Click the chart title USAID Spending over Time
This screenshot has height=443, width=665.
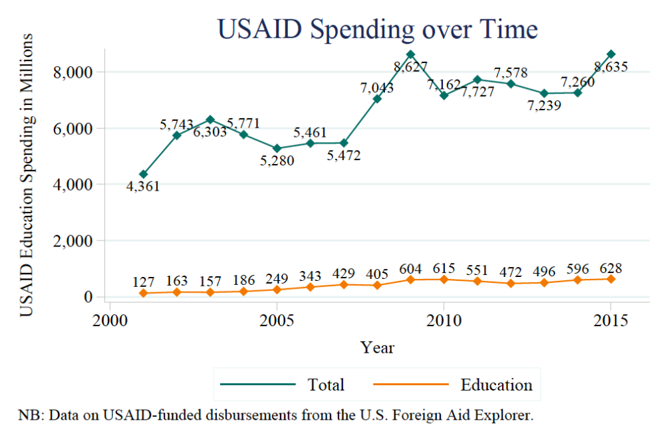pyautogui.click(x=377, y=31)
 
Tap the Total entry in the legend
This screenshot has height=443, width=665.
pyautogui.click(x=326, y=385)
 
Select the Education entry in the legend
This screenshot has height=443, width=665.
pyautogui.click(x=496, y=385)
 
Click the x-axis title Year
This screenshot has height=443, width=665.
pyautogui.click(x=377, y=347)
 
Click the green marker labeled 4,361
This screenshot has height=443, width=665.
pyautogui.click(x=143, y=174)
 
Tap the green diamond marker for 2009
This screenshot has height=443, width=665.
pyautogui.click(x=410, y=54)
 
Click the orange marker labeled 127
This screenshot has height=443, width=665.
pyautogui.click(x=143, y=293)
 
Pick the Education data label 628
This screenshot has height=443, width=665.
pyautogui.click(x=610, y=269)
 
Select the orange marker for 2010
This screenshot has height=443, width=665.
pyautogui.click(x=444, y=279)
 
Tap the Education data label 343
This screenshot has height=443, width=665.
pyautogui.click(x=310, y=276)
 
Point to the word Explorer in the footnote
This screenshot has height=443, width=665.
pyautogui.click(x=507, y=416)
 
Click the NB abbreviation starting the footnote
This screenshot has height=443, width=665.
pyautogui.click(x=27, y=416)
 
